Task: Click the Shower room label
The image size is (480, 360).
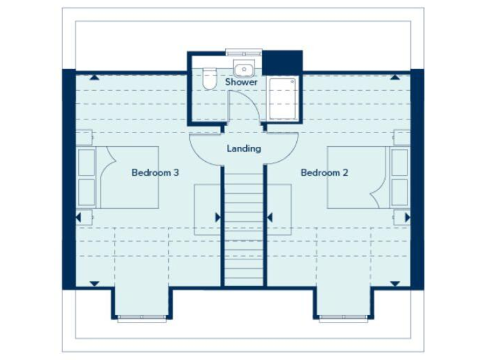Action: coord(241,82)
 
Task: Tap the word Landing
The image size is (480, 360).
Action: coord(244,149)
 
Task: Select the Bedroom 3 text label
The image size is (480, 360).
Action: coord(155,172)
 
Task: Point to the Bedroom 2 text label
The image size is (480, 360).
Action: coord(324,172)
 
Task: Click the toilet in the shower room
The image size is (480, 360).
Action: coord(209,78)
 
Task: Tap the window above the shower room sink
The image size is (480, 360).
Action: coord(243,53)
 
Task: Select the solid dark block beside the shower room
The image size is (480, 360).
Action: coord(282,62)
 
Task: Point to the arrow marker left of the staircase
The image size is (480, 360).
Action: coord(217,217)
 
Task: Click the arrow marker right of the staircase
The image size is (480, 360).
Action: coord(269,217)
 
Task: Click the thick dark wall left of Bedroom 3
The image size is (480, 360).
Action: coord(68,178)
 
